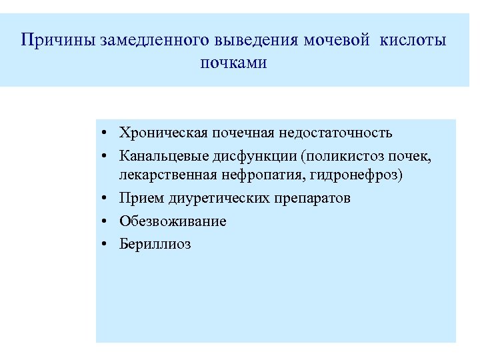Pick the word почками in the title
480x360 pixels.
tap(233, 63)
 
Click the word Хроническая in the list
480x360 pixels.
tap(163, 133)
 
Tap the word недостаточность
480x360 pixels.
tap(334, 133)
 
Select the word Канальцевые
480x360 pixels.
tap(163, 157)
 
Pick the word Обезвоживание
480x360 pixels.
tap(173, 221)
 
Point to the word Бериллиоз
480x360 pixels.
tap(155, 244)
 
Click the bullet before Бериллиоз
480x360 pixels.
tap(107, 245)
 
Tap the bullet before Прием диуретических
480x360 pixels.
tap(107, 199)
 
